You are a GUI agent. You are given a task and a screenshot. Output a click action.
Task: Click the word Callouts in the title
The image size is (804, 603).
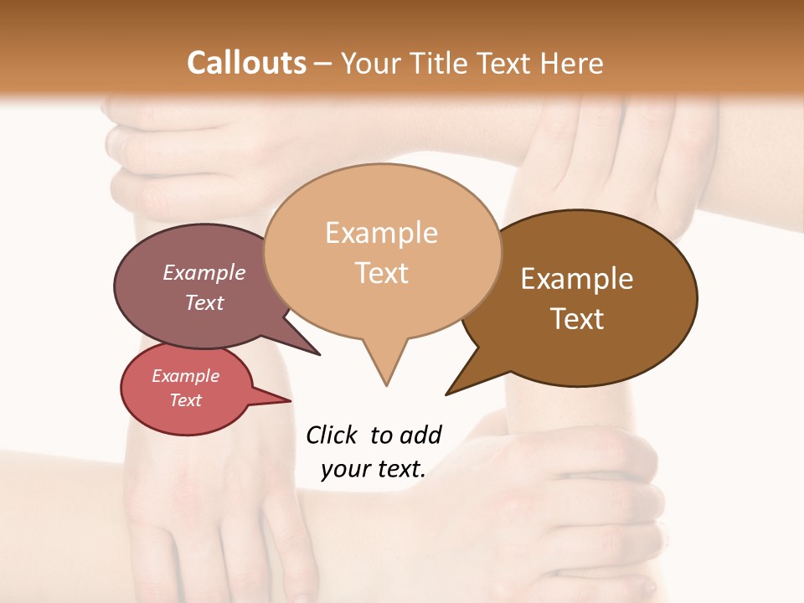tap(246, 63)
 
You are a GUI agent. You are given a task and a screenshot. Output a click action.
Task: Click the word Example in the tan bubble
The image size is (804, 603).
tap(381, 233)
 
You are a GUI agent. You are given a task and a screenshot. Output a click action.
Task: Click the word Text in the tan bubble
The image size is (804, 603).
tap(382, 273)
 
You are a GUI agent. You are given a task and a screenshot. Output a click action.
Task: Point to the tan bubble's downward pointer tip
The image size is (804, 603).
tap(386, 385)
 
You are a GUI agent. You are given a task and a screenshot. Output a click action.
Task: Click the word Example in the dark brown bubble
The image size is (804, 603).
tap(577, 279)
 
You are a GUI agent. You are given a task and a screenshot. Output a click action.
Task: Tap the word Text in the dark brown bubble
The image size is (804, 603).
tap(577, 319)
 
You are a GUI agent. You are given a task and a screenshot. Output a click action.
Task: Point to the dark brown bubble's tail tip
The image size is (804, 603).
tap(446, 394)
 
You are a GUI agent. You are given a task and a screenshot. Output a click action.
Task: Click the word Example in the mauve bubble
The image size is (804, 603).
tap(204, 272)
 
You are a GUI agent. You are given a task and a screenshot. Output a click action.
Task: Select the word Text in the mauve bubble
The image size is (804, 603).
tap(204, 302)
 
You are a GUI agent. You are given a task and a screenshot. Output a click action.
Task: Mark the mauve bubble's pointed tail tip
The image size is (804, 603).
tap(320, 355)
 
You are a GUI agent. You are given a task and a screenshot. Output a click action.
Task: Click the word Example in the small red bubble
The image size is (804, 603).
tap(186, 376)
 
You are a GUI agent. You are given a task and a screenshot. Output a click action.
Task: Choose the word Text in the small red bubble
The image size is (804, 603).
tap(186, 400)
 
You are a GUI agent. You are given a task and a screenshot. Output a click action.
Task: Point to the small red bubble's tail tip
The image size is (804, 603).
tap(291, 401)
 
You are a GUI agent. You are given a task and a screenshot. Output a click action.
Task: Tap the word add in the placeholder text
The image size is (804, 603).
tap(420, 435)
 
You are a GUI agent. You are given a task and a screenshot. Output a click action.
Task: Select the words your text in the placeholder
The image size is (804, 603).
tap(374, 469)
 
